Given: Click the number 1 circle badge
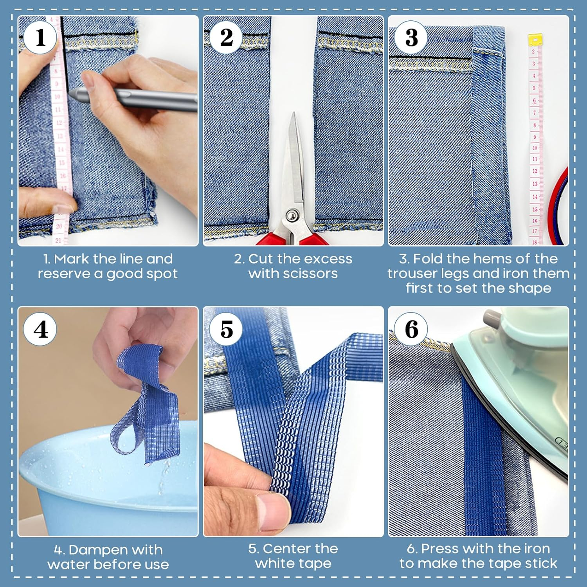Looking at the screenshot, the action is tap(40, 38).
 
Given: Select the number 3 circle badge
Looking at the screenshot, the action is tap(411, 38).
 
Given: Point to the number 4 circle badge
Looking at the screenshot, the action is tap(40, 329).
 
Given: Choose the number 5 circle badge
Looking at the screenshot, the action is tap(226, 329).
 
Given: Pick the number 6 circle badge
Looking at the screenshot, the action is tap(411, 329).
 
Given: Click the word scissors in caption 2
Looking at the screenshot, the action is tap(312, 274).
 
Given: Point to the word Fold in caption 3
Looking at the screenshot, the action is tap(428, 259).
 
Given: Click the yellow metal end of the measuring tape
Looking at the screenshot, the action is tap(535, 40).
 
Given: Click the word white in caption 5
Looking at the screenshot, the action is tap(272, 564).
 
